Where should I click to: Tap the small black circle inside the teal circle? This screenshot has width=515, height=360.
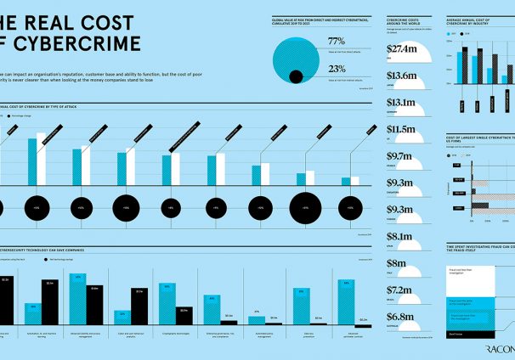[x=296, y=77]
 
